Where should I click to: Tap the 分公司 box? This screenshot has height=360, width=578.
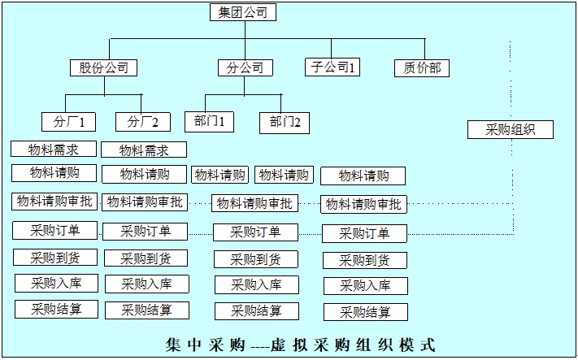click(x=245, y=68)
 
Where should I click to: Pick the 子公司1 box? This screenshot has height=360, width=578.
click(x=332, y=68)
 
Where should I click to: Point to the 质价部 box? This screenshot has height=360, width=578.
click(x=421, y=68)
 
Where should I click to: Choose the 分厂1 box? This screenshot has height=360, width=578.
click(x=69, y=122)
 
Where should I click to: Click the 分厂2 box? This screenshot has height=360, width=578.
click(x=143, y=122)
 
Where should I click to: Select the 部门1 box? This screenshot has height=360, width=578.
click(x=209, y=122)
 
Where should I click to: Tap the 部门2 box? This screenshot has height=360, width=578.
click(x=285, y=123)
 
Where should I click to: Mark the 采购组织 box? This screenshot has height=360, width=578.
click(x=511, y=129)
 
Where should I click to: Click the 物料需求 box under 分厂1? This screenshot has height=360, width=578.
click(x=54, y=149)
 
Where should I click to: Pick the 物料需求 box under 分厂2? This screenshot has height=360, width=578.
click(x=144, y=150)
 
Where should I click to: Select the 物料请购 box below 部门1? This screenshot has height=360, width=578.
click(x=219, y=175)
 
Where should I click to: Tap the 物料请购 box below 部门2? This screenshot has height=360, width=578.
click(x=283, y=175)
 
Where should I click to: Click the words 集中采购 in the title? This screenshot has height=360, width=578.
click(x=204, y=343)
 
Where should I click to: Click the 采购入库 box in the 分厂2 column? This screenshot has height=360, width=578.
click(x=146, y=284)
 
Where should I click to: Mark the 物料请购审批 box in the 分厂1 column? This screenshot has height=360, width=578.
click(x=54, y=201)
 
